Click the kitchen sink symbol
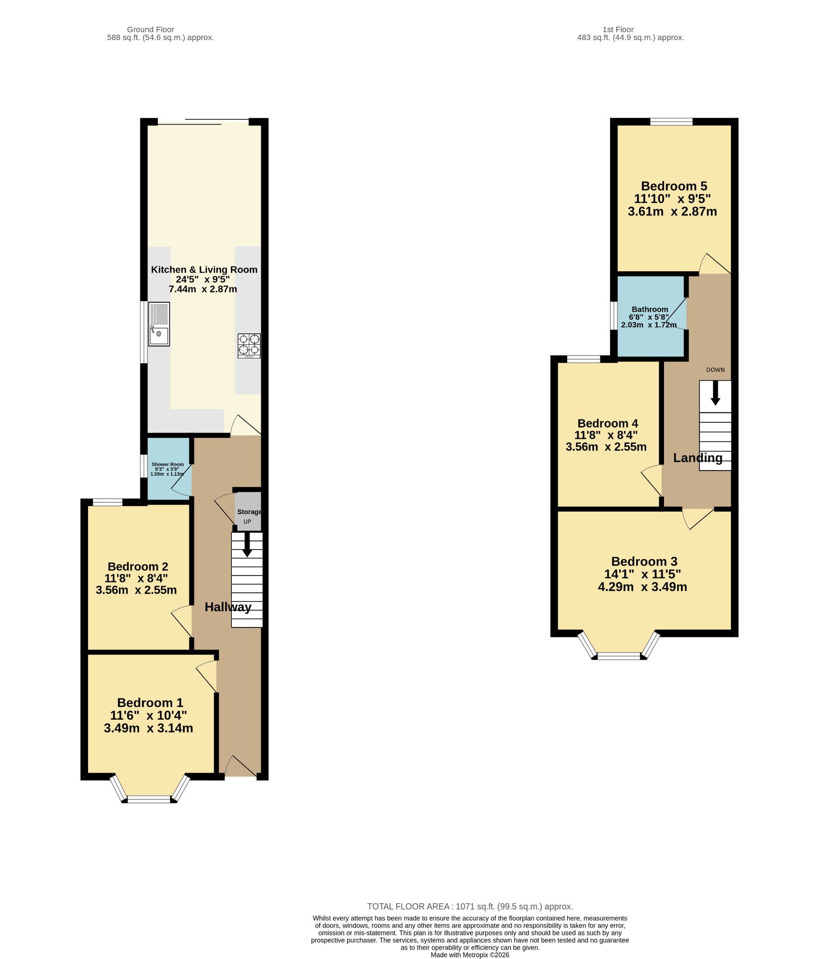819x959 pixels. [x=159, y=324]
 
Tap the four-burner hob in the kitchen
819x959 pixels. [x=249, y=346]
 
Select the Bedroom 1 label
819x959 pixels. [x=150, y=702]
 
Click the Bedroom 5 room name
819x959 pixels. [x=674, y=186]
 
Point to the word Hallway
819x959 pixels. [x=228, y=607]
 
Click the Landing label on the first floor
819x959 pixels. [x=698, y=457]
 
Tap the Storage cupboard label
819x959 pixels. [x=249, y=512]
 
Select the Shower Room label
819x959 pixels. [x=168, y=465]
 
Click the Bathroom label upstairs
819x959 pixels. [x=650, y=309]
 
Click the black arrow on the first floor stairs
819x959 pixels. [x=715, y=392]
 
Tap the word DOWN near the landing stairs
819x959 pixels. [x=716, y=370]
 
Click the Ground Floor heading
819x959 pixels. [x=150, y=30]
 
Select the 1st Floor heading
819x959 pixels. [x=618, y=30]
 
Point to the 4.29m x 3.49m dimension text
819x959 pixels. [x=642, y=587]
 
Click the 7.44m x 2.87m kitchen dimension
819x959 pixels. [x=203, y=289]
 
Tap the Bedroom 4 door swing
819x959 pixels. [x=651, y=480]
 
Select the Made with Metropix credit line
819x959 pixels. [x=470, y=955]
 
